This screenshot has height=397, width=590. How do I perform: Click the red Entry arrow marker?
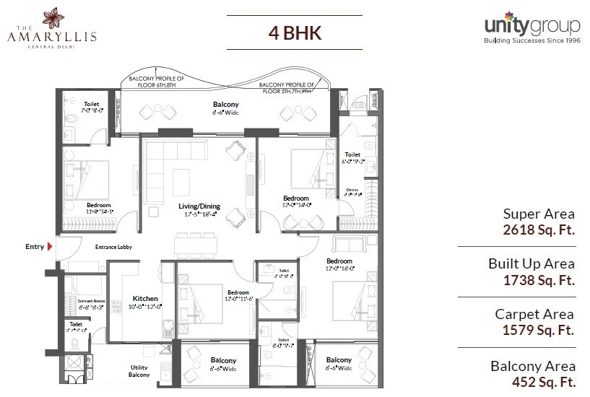tap(51, 247)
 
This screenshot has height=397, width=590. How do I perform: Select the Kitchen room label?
tap(145, 297)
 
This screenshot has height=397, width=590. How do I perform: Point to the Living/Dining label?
tap(199, 206)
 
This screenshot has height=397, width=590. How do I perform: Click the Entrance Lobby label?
tap(112, 248)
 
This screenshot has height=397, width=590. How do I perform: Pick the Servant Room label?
tap(75, 301)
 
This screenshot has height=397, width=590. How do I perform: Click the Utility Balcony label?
tap(139, 370)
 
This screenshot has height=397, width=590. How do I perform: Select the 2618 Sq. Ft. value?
tap(539, 230)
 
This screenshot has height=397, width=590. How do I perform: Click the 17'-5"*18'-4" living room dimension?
tap(199, 215)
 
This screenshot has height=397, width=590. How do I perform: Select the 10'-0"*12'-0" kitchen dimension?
tap(145, 306)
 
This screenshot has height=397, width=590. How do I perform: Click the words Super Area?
tap(539, 214)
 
